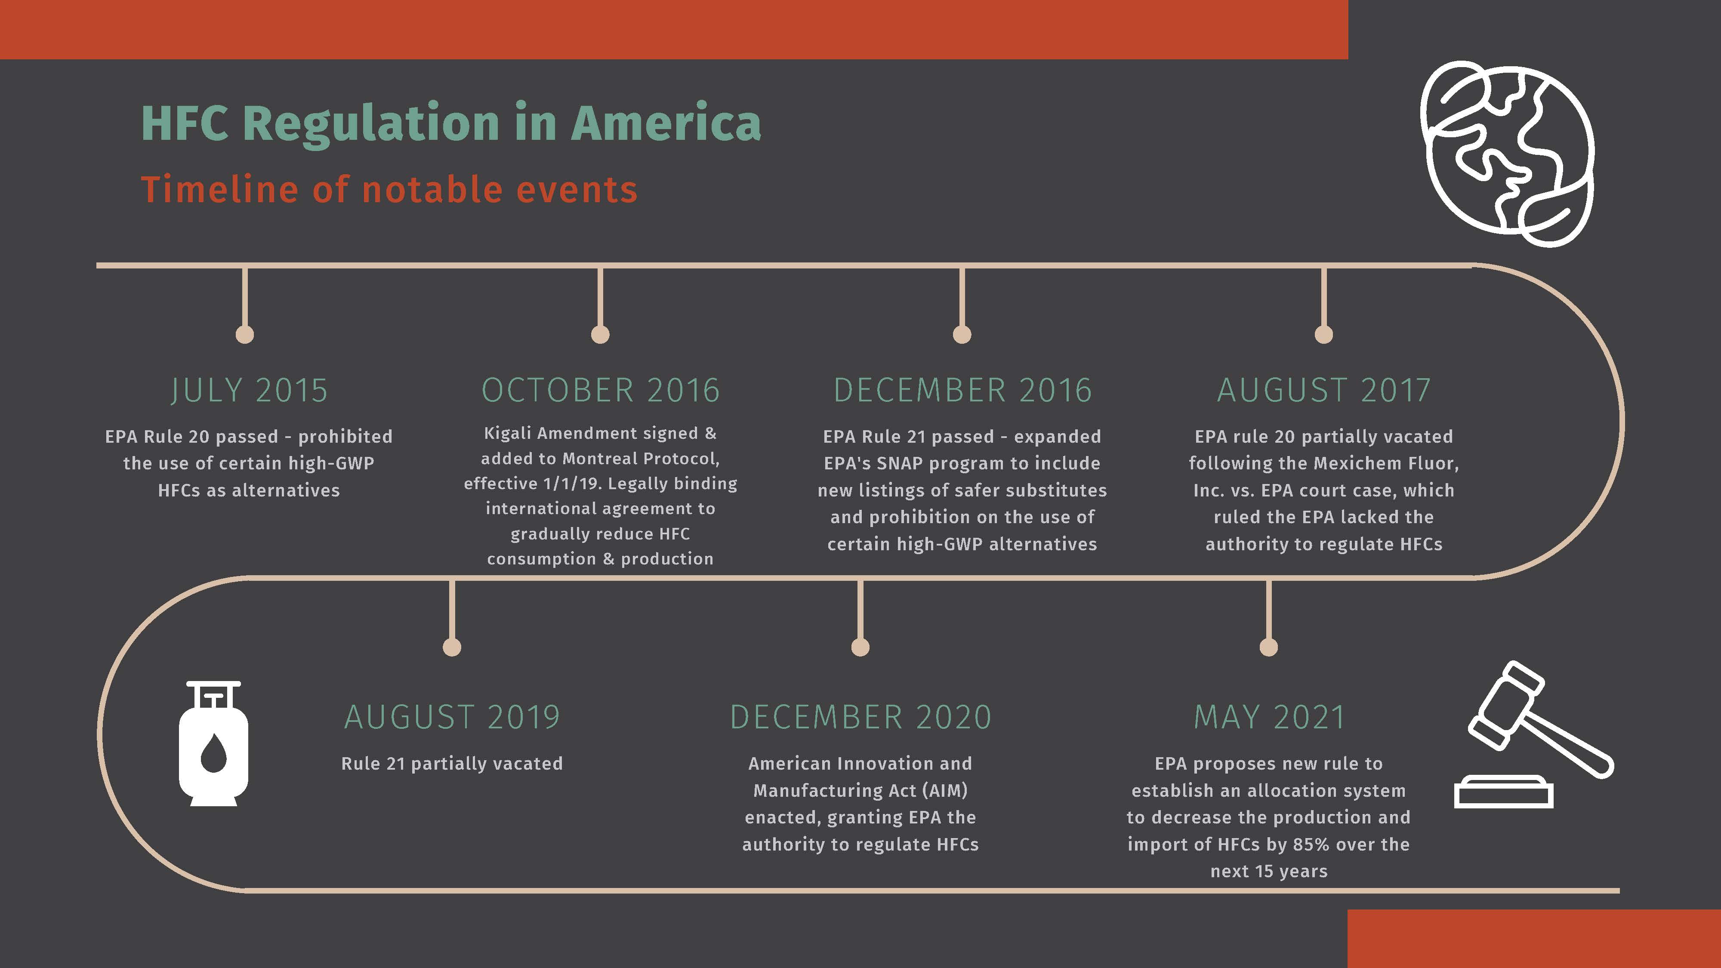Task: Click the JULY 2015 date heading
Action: (x=249, y=390)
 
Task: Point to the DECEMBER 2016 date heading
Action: (x=962, y=390)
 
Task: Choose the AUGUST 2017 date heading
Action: (x=1323, y=390)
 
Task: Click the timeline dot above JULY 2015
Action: (x=245, y=334)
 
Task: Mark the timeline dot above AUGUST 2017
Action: (x=1323, y=334)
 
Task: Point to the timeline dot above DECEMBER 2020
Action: (x=860, y=647)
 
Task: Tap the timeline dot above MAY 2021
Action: (x=1269, y=647)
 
